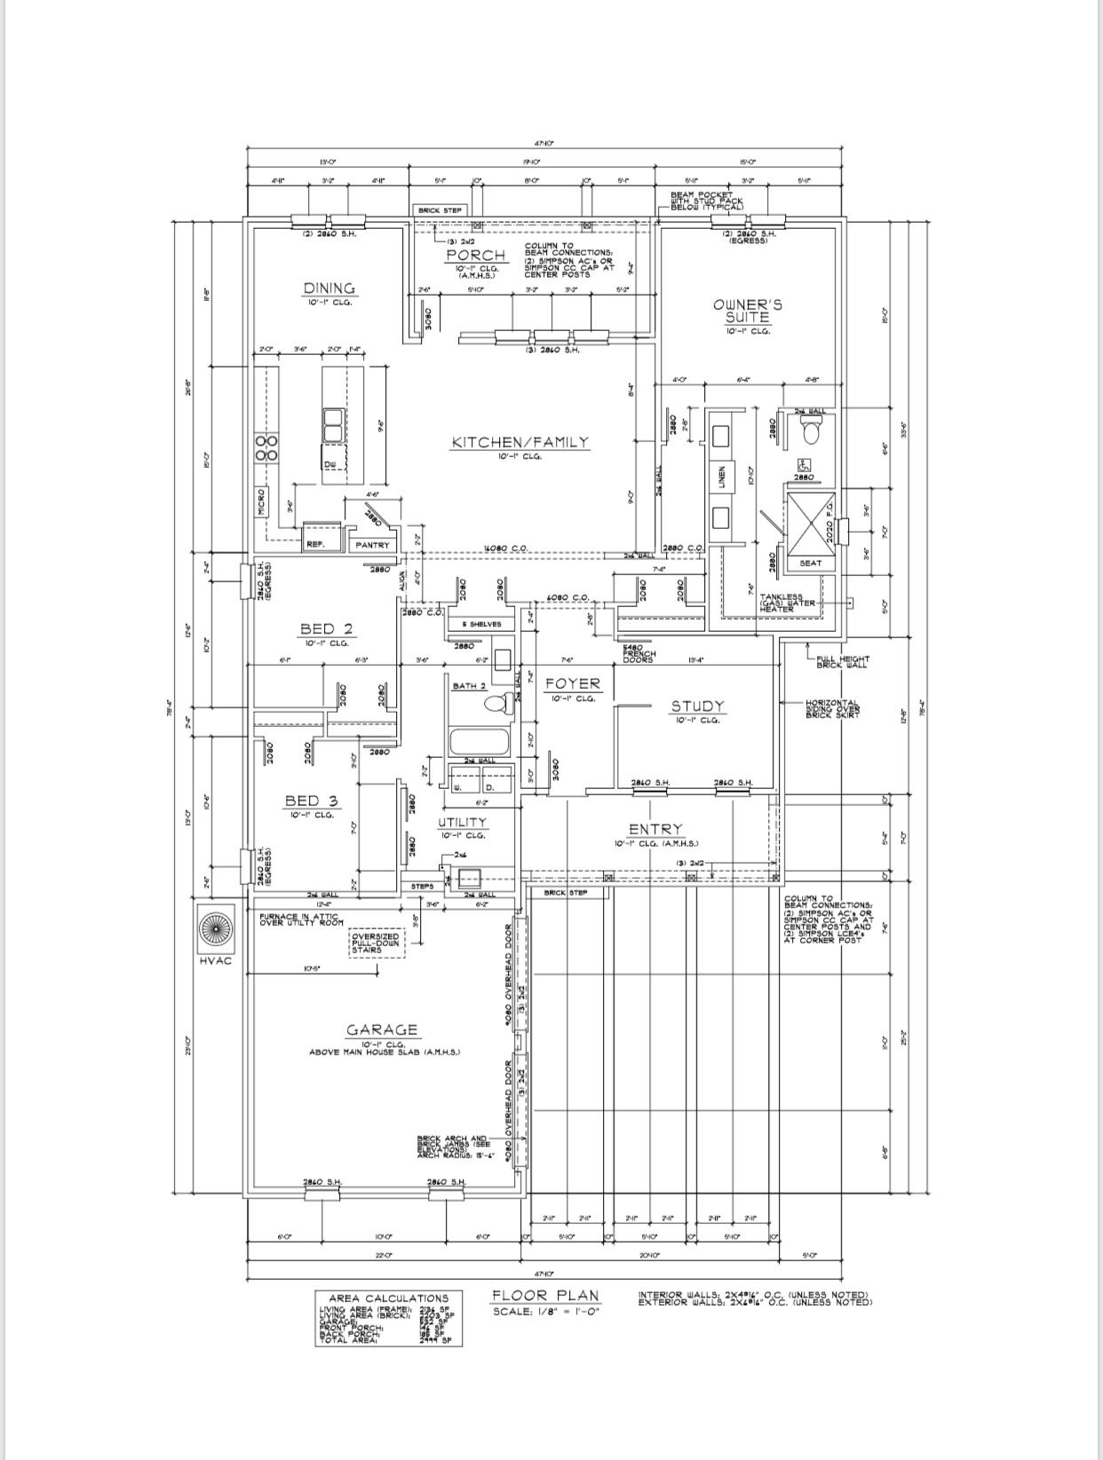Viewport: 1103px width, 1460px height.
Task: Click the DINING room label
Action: pyautogui.click(x=329, y=288)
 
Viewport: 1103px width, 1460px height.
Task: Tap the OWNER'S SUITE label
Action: pyautogui.click(x=748, y=311)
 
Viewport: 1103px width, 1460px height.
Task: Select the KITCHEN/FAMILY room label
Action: pyautogui.click(x=520, y=442)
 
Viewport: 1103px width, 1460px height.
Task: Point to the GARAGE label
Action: pyautogui.click(x=382, y=1030)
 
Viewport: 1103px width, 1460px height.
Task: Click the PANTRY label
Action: pyautogui.click(x=372, y=545)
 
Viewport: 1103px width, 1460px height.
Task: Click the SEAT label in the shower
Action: pyautogui.click(x=810, y=564)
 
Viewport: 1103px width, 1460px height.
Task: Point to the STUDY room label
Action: pyautogui.click(x=697, y=706)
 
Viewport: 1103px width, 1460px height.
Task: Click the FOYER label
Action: pyautogui.click(x=573, y=683)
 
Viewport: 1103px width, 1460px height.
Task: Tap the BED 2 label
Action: pyautogui.click(x=327, y=629)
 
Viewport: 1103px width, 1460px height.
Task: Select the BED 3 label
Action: pyautogui.click(x=311, y=801)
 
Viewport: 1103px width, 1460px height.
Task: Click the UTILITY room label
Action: pyautogui.click(x=462, y=822)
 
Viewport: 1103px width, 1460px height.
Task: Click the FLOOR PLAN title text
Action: pyautogui.click(x=546, y=1296)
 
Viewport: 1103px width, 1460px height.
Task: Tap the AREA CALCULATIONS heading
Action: pyautogui.click(x=389, y=1298)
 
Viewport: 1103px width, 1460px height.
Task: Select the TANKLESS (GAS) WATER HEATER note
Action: pyautogui.click(x=782, y=604)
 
